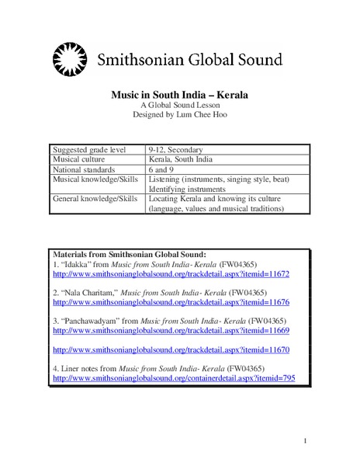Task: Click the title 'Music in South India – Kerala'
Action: (x=180, y=96)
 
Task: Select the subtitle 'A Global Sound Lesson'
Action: (x=180, y=106)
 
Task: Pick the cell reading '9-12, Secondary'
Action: (x=177, y=148)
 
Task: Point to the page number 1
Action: (x=306, y=441)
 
